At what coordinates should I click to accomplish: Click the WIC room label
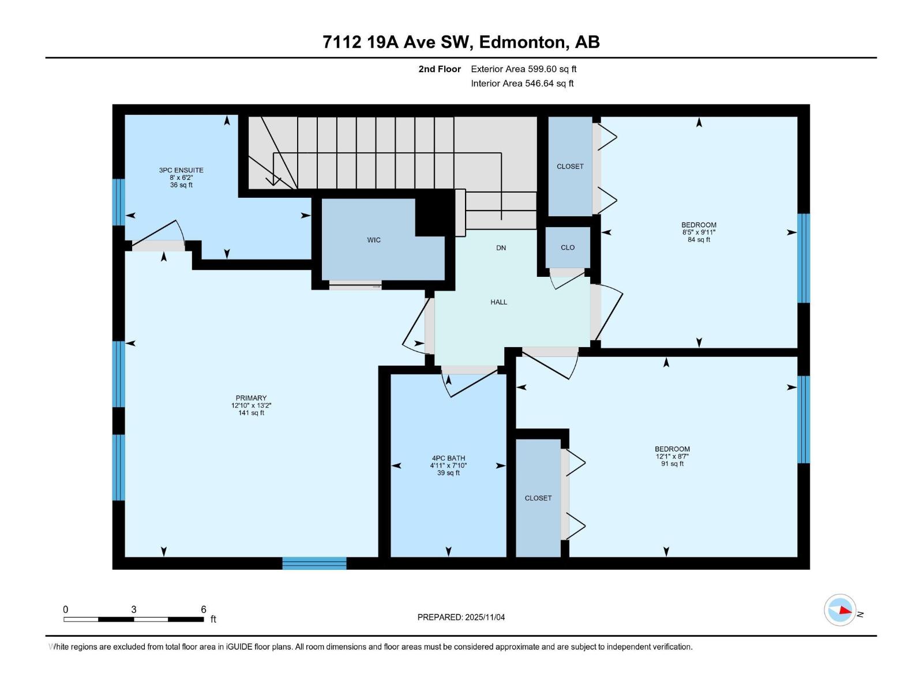[374, 240]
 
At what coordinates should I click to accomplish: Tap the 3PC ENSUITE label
[181, 171]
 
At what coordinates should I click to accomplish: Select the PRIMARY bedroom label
[251, 398]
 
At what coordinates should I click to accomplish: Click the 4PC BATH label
[448, 458]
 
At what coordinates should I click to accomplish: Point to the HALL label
[499, 302]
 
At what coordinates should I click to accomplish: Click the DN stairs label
[501, 248]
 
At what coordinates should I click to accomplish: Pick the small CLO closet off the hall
[568, 247]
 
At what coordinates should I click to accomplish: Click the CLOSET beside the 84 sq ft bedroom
[570, 167]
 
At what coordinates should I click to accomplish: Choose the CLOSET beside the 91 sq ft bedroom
[538, 498]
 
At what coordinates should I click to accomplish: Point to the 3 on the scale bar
[134, 610]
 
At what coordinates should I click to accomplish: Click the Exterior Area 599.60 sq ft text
[523, 69]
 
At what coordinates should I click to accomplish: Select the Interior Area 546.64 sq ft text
[522, 84]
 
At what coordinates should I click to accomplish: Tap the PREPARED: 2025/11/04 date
[461, 617]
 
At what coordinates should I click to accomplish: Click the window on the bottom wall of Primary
[314, 563]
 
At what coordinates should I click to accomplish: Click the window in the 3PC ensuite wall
[118, 202]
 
